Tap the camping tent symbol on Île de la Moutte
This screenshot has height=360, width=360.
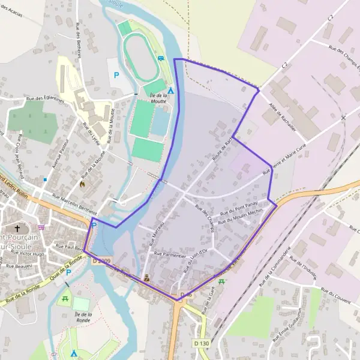(170, 91)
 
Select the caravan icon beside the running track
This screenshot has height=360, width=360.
(161, 58)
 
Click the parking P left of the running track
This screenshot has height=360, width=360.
(116, 75)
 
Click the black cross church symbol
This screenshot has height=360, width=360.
(17, 228)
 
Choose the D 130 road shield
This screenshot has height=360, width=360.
(201, 343)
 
